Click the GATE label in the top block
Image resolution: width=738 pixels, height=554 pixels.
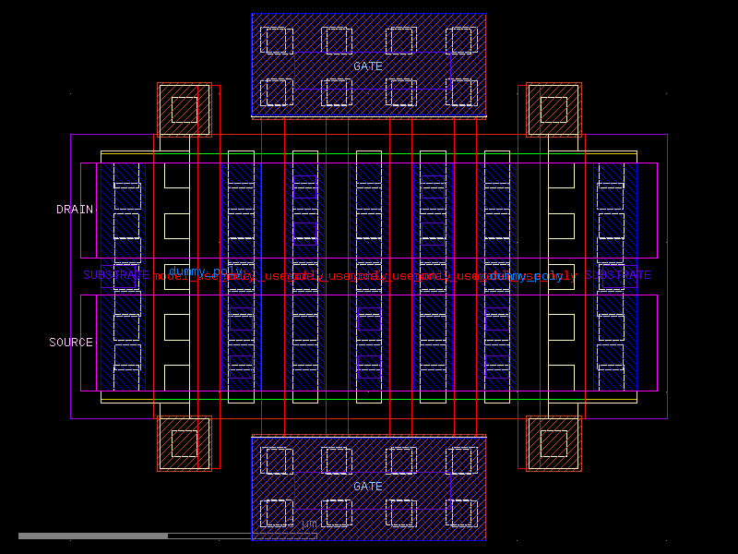pyautogui.click(x=367, y=66)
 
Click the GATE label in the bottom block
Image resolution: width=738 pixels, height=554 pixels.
pyautogui.click(x=367, y=486)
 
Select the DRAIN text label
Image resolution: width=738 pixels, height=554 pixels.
pyautogui.click(x=75, y=210)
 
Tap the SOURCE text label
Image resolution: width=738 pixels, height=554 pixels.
pyautogui.click(x=71, y=343)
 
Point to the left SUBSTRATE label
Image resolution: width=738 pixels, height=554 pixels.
pyautogui.click(x=114, y=275)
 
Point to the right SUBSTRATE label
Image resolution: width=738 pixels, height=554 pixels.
pyautogui.click(x=618, y=275)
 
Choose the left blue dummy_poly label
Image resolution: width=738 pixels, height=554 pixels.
pyautogui.click(x=205, y=271)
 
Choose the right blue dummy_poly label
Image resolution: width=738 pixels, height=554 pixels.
pyautogui.click(x=525, y=276)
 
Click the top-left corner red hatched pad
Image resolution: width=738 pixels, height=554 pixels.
pyautogui.click(x=184, y=110)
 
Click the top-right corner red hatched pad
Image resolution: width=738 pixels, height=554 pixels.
pyautogui.click(x=553, y=110)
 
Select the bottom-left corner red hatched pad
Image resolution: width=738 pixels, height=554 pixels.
pyautogui.click(x=184, y=443)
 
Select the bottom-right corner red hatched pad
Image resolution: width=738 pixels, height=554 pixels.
pyautogui.click(x=553, y=443)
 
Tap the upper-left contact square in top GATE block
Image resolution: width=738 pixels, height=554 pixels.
pyautogui.click(x=277, y=41)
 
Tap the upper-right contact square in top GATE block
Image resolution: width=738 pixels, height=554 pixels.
pyautogui.click(x=461, y=41)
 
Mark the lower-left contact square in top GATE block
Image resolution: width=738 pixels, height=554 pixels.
pyautogui.click(x=277, y=92)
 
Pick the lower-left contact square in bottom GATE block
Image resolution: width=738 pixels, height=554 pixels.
pyautogui.click(x=277, y=512)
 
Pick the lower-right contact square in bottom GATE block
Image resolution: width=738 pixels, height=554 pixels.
pyautogui.click(x=461, y=512)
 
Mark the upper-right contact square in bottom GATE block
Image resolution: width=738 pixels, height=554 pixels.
pyautogui.click(x=461, y=461)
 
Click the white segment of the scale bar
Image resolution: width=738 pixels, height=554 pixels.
pyautogui.click(x=93, y=536)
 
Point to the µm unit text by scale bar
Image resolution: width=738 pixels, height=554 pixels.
pyautogui.click(x=310, y=524)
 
